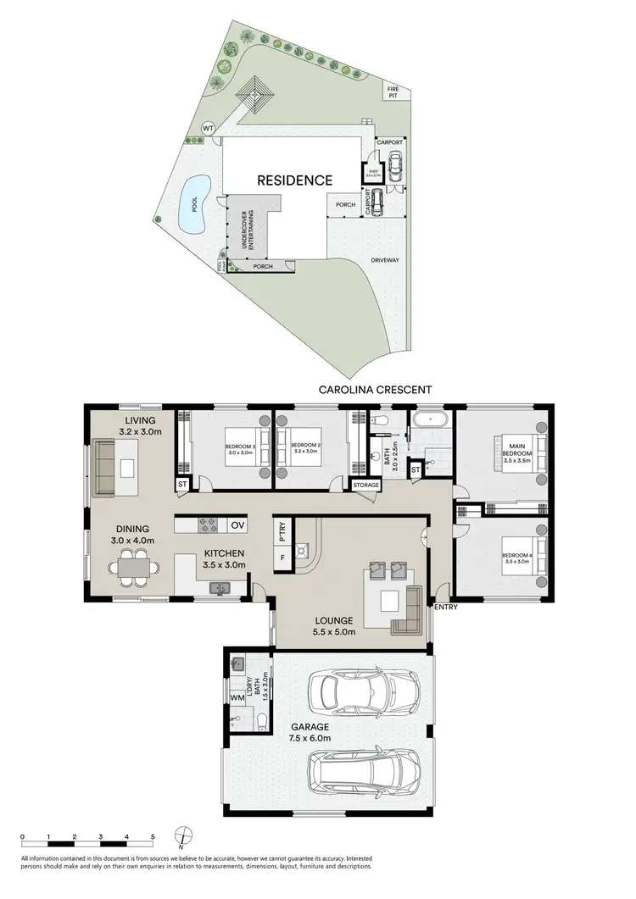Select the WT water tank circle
(x=208, y=128)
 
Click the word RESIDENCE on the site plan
(x=295, y=180)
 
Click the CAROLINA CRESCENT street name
(x=375, y=390)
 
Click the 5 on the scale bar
(x=153, y=836)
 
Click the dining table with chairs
(x=133, y=567)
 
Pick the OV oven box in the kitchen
(x=239, y=525)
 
